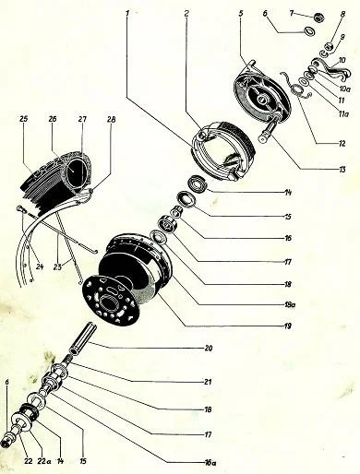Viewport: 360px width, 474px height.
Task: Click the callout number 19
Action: [x=287, y=326]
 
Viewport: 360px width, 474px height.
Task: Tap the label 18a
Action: [x=289, y=305]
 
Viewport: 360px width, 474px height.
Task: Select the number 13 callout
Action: [x=342, y=170]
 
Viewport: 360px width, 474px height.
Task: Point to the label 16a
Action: [x=210, y=462]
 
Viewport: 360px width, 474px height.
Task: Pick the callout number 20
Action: [x=209, y=349]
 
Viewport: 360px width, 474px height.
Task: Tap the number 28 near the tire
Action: [x=111, y=119]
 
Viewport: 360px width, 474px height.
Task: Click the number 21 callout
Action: [x=208, y=382]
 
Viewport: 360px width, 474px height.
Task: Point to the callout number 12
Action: [x=342, y=144]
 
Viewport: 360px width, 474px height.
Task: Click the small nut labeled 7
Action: [x=318, y=18]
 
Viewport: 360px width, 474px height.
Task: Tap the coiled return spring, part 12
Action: [x=296, y=89]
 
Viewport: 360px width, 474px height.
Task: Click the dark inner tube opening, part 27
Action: [x=76, y=170]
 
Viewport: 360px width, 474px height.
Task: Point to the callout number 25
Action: [x=24, y=119]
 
